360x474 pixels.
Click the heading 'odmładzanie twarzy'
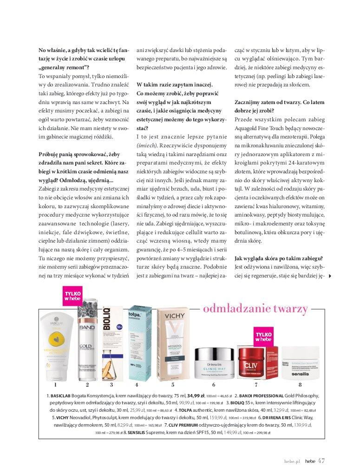point(256,309)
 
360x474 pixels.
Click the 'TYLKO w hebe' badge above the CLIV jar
point(262,337)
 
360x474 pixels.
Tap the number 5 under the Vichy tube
point(173,384)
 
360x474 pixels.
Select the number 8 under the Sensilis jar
point(300,384)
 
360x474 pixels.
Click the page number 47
point(321,461)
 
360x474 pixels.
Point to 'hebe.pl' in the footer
point(293,461)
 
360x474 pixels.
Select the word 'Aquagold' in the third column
point(248,127)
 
